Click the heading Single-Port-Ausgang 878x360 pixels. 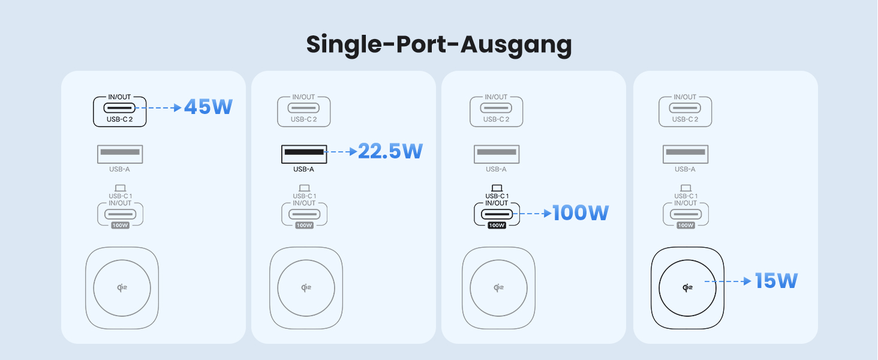[x=438, y=45]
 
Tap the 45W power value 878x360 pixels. [x=208, y=107]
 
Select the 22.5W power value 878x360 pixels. [x=390, y=151]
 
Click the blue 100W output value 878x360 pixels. [x=580, y=212]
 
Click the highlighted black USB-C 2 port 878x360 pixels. [x=120, y=109]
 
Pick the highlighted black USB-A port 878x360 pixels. [x=304, y=152]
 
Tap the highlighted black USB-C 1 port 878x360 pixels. [x=496, y=213]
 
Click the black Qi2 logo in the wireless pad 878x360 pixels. [x=688, y=287]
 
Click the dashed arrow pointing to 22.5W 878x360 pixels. [x=341, y=152]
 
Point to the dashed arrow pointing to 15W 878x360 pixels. [x=727, y=281]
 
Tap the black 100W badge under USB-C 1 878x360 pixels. [x=496, y=226]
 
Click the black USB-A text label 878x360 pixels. [x=303, y=169]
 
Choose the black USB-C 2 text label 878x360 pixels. [x=119, y=119]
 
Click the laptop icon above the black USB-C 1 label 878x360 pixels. [x=496, y=188]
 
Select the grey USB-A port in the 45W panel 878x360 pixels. [x=120, y=153]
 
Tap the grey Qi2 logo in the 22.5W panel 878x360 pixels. [x=306, y=287]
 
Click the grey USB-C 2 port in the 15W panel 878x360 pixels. [x=685, y=109]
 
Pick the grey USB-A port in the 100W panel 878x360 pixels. [x=496, y=153]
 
